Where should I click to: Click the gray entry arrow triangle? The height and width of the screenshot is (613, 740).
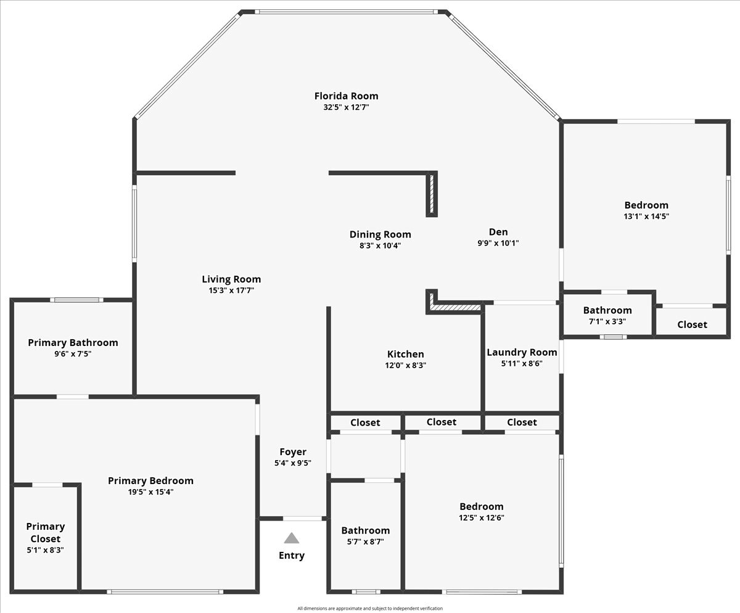pos(292,538)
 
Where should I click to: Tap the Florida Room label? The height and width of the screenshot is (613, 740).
pos(346,96)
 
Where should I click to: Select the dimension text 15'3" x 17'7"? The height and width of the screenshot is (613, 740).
pos(231,290)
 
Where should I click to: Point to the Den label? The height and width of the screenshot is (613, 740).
pos(498,232)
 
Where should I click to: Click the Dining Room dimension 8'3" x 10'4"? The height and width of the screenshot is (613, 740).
pos(380,245)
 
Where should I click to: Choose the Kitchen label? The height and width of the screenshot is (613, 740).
pos(405,354)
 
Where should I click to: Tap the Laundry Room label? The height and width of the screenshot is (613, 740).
pos(522,352)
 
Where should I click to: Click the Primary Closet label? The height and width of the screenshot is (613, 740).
pos(46,532)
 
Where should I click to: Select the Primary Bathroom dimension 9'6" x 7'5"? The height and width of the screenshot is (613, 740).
pos(73,354)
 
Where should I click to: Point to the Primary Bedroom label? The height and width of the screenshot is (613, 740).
pos(150,480)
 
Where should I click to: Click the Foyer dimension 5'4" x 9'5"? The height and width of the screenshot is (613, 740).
pos(292,463)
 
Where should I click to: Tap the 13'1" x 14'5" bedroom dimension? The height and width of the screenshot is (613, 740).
pos(646,216)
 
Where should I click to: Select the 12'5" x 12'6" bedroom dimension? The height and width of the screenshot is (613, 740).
pos(481,518)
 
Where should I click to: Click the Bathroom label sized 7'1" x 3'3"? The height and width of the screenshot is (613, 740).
pos(607,310)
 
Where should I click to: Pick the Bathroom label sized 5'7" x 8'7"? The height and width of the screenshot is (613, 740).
pos(365,530)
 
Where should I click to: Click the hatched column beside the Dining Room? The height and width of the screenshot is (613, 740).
pos(432,194)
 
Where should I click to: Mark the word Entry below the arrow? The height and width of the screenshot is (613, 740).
pos(292,555)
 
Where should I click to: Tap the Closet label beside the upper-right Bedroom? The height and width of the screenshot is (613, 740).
pos(692,324)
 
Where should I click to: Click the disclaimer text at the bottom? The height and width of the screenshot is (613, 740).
pos(370,609)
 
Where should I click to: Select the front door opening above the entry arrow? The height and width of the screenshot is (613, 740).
pos(302,519)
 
